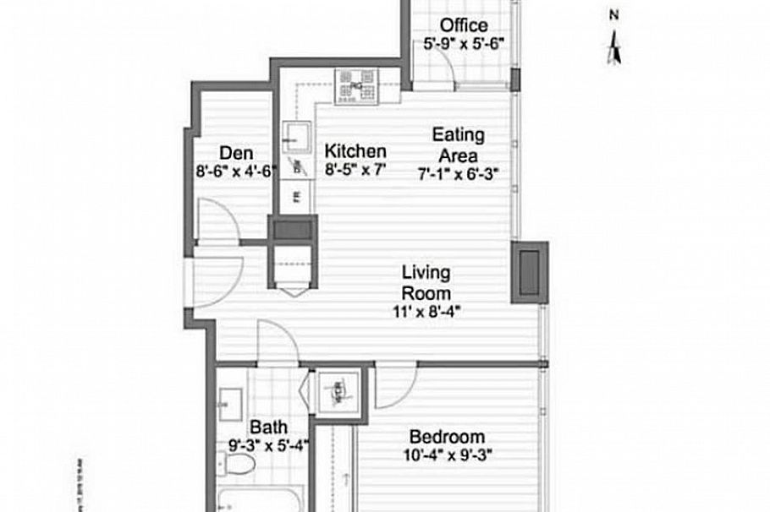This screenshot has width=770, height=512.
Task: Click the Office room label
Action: pos(463,25)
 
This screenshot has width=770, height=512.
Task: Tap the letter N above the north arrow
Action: pos(615,14)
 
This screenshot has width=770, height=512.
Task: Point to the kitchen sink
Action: pos(295,134)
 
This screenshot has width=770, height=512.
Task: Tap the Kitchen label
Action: pos(355,151)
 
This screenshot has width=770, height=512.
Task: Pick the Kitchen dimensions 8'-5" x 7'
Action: pos(355,168)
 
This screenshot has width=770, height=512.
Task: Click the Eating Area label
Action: pos(459,144)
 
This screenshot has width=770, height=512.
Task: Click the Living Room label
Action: pos(426,282)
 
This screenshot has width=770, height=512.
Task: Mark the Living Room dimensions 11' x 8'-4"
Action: pos(426,311)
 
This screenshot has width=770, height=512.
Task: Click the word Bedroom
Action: pos(447,437)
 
